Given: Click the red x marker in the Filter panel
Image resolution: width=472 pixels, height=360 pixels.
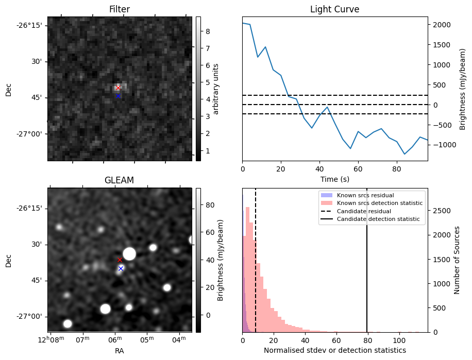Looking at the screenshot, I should (118, 88).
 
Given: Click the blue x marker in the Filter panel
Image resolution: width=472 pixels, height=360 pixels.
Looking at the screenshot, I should (118, 96).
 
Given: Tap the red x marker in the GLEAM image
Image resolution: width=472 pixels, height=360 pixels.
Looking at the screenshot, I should (120, 260).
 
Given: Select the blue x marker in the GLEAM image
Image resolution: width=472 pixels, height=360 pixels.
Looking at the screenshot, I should (121, 268).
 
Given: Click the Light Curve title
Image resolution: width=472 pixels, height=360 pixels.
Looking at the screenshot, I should (334, 10).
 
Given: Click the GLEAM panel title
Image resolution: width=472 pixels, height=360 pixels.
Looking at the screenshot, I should (119, 180).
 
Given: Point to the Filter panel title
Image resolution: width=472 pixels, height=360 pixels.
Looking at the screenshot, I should (119, 10).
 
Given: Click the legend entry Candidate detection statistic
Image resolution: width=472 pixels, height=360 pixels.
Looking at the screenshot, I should (378, 219).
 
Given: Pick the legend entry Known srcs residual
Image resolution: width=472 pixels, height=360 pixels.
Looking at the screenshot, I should (366, 195).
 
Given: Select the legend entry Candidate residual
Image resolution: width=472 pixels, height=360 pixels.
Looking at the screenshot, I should (364, 211).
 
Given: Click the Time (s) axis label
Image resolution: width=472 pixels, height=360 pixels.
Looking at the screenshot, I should (334, 179).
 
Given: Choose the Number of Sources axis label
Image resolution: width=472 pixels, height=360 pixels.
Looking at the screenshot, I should (457, 260).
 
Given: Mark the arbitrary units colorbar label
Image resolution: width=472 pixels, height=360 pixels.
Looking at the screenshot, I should (216, 89).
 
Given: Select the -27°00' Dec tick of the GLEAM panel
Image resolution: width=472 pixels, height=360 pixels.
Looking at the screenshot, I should (32, 317).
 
